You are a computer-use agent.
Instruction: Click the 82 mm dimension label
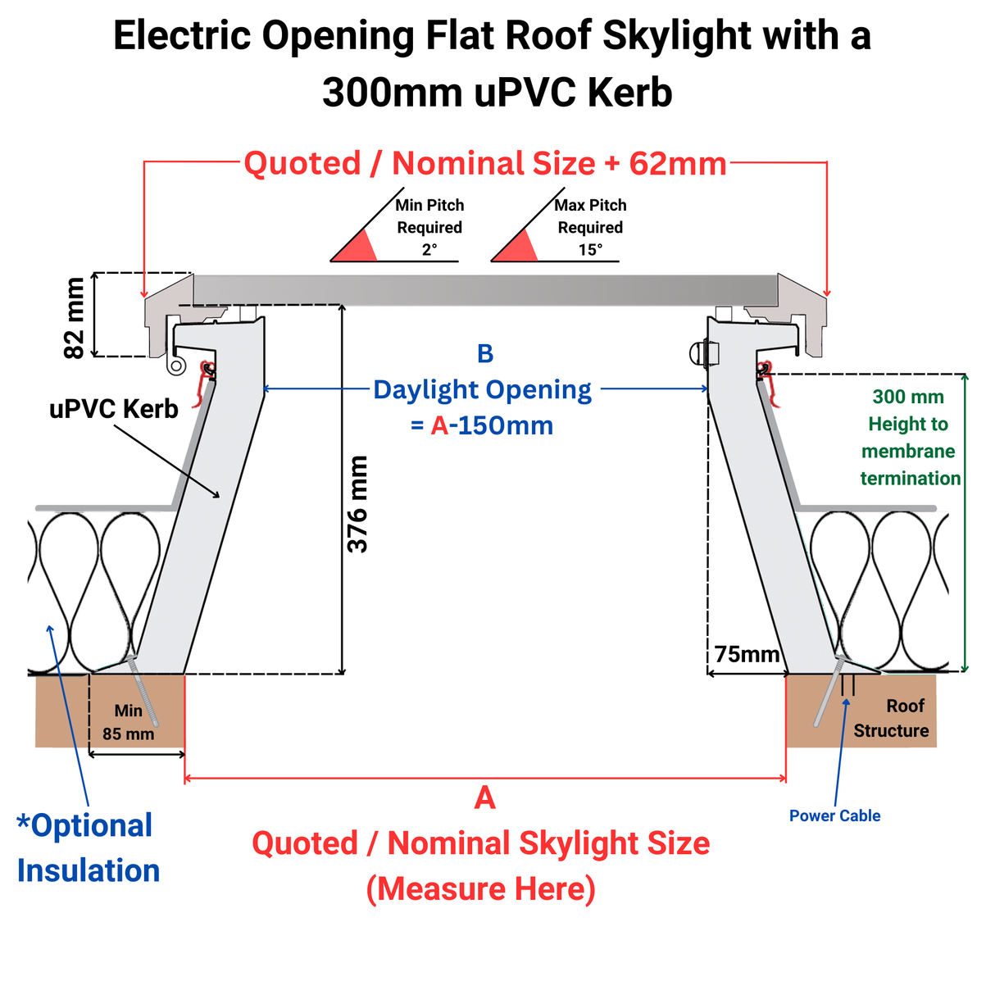(x=75, y=318)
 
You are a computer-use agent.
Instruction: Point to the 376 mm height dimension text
(x=358, y=504)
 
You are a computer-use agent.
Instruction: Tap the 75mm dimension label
(x=747, y=654)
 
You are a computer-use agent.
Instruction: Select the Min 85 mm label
(x=129, y=722)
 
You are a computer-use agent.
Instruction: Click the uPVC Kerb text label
(x=114, y=409)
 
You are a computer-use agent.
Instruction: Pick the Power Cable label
(x=834, y=816)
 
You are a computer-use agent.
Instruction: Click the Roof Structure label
(x=892, y=718)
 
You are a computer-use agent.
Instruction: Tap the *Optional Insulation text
(x=88, y=847)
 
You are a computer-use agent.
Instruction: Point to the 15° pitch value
(x=590, y=250)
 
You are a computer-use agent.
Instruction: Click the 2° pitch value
(x=429, y=250)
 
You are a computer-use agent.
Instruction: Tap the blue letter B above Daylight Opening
(x=485, y=354)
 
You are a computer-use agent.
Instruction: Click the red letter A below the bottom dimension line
(x=485, y=797)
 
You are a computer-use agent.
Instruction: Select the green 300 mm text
(x=908, y=398)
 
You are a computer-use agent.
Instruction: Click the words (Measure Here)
(x=481, y=888)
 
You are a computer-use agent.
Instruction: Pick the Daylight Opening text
(x=482, y=390)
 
